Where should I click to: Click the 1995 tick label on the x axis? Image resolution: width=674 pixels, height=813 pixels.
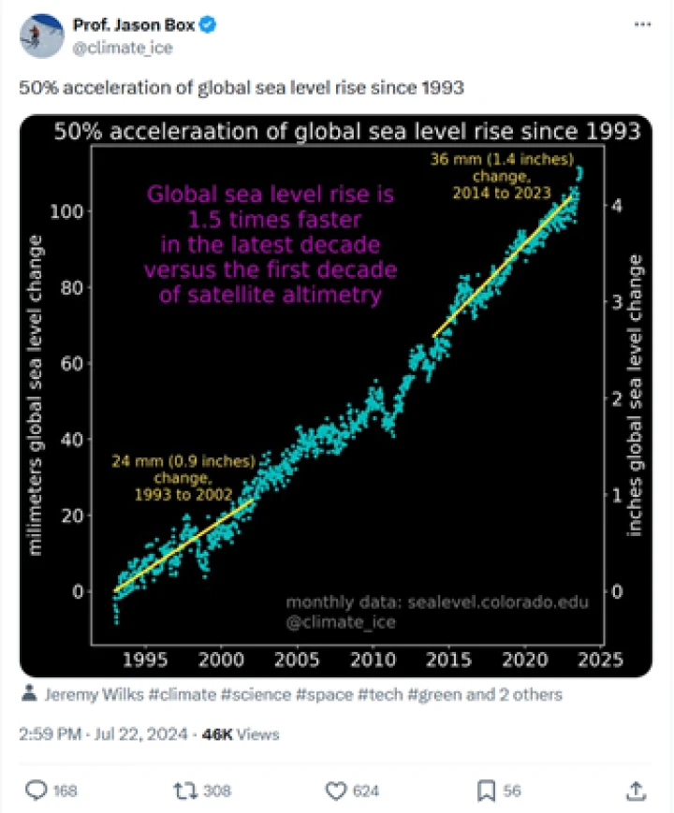[145, 660]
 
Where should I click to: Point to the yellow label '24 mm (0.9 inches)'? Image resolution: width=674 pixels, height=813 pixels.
[170, 461]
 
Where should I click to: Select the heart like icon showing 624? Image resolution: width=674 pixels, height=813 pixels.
[337, 791]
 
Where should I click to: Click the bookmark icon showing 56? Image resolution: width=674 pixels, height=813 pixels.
[487, 791]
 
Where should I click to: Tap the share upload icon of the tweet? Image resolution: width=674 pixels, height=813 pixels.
[637, 791]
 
